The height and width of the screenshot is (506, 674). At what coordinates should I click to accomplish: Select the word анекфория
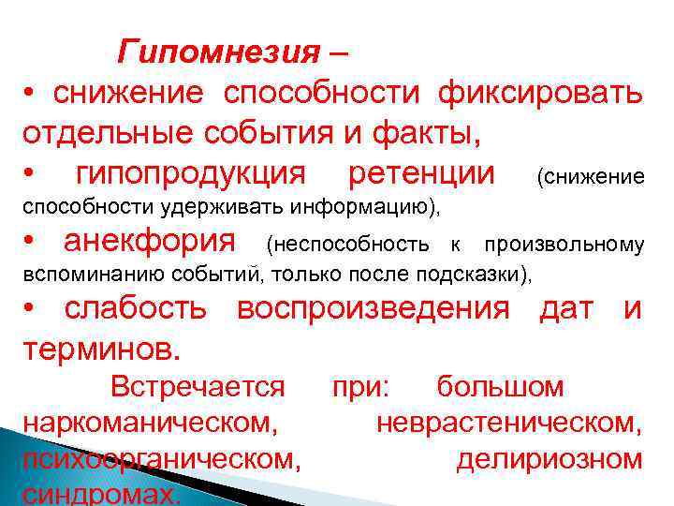pyautogui.click(x=150, y=243)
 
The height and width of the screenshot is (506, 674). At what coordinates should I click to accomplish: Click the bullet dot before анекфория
pyautogui.click(x=32, y=244)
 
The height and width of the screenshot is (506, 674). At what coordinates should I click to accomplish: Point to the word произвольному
pyautogui.click(x=564, y=246)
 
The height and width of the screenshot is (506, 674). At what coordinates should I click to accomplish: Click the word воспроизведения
pyautogui.click(x=374, y=309)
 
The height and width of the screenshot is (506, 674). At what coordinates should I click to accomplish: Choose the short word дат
pyautogui.click(x=565, y=309)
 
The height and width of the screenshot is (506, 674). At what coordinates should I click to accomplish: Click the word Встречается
pyautogui.click(x=198, y=386)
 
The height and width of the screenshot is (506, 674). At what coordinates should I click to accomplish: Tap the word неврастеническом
pyautogui.click(x=509, y=423)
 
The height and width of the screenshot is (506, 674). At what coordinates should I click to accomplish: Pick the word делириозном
pyautogui.click(x=549, y=459)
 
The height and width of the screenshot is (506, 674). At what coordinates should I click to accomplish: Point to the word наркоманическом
pyautogui.click(x=151, y=423)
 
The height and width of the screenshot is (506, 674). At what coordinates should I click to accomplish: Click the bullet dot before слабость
pyautogui.click(x=32, y=310)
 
